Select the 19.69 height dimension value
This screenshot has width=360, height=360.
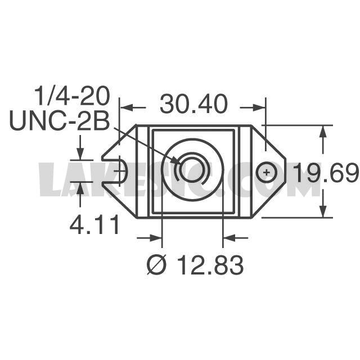[x=326, y=173]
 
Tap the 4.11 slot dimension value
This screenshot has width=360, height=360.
[x=94, y=224]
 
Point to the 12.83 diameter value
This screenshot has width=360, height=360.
[x=210, y=265]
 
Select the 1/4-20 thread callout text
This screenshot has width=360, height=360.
[x=71, y=96]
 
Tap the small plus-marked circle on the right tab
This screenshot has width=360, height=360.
[x=266, y=172]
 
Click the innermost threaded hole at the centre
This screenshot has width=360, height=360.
[x=191, y=171]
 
